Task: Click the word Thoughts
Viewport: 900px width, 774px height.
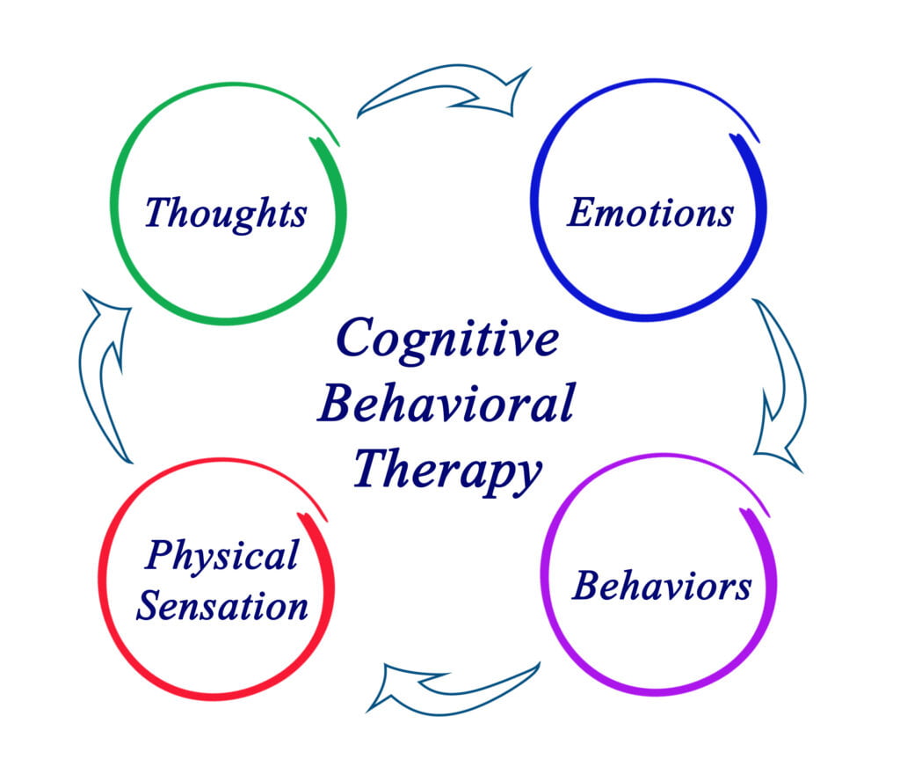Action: coord(226,213)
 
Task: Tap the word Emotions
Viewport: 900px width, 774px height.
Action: coord(650,213)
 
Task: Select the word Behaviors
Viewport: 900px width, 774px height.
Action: coord(662,586)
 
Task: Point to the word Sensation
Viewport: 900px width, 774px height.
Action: coord(221,606)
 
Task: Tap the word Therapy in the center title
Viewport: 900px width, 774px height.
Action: coord(446,471)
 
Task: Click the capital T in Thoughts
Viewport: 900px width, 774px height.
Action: coord(159,212)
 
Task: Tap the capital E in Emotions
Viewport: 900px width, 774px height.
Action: coord(581,212)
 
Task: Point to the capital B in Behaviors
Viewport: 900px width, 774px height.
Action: coord(587,586)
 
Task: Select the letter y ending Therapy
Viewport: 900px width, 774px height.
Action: coord(525,476)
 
